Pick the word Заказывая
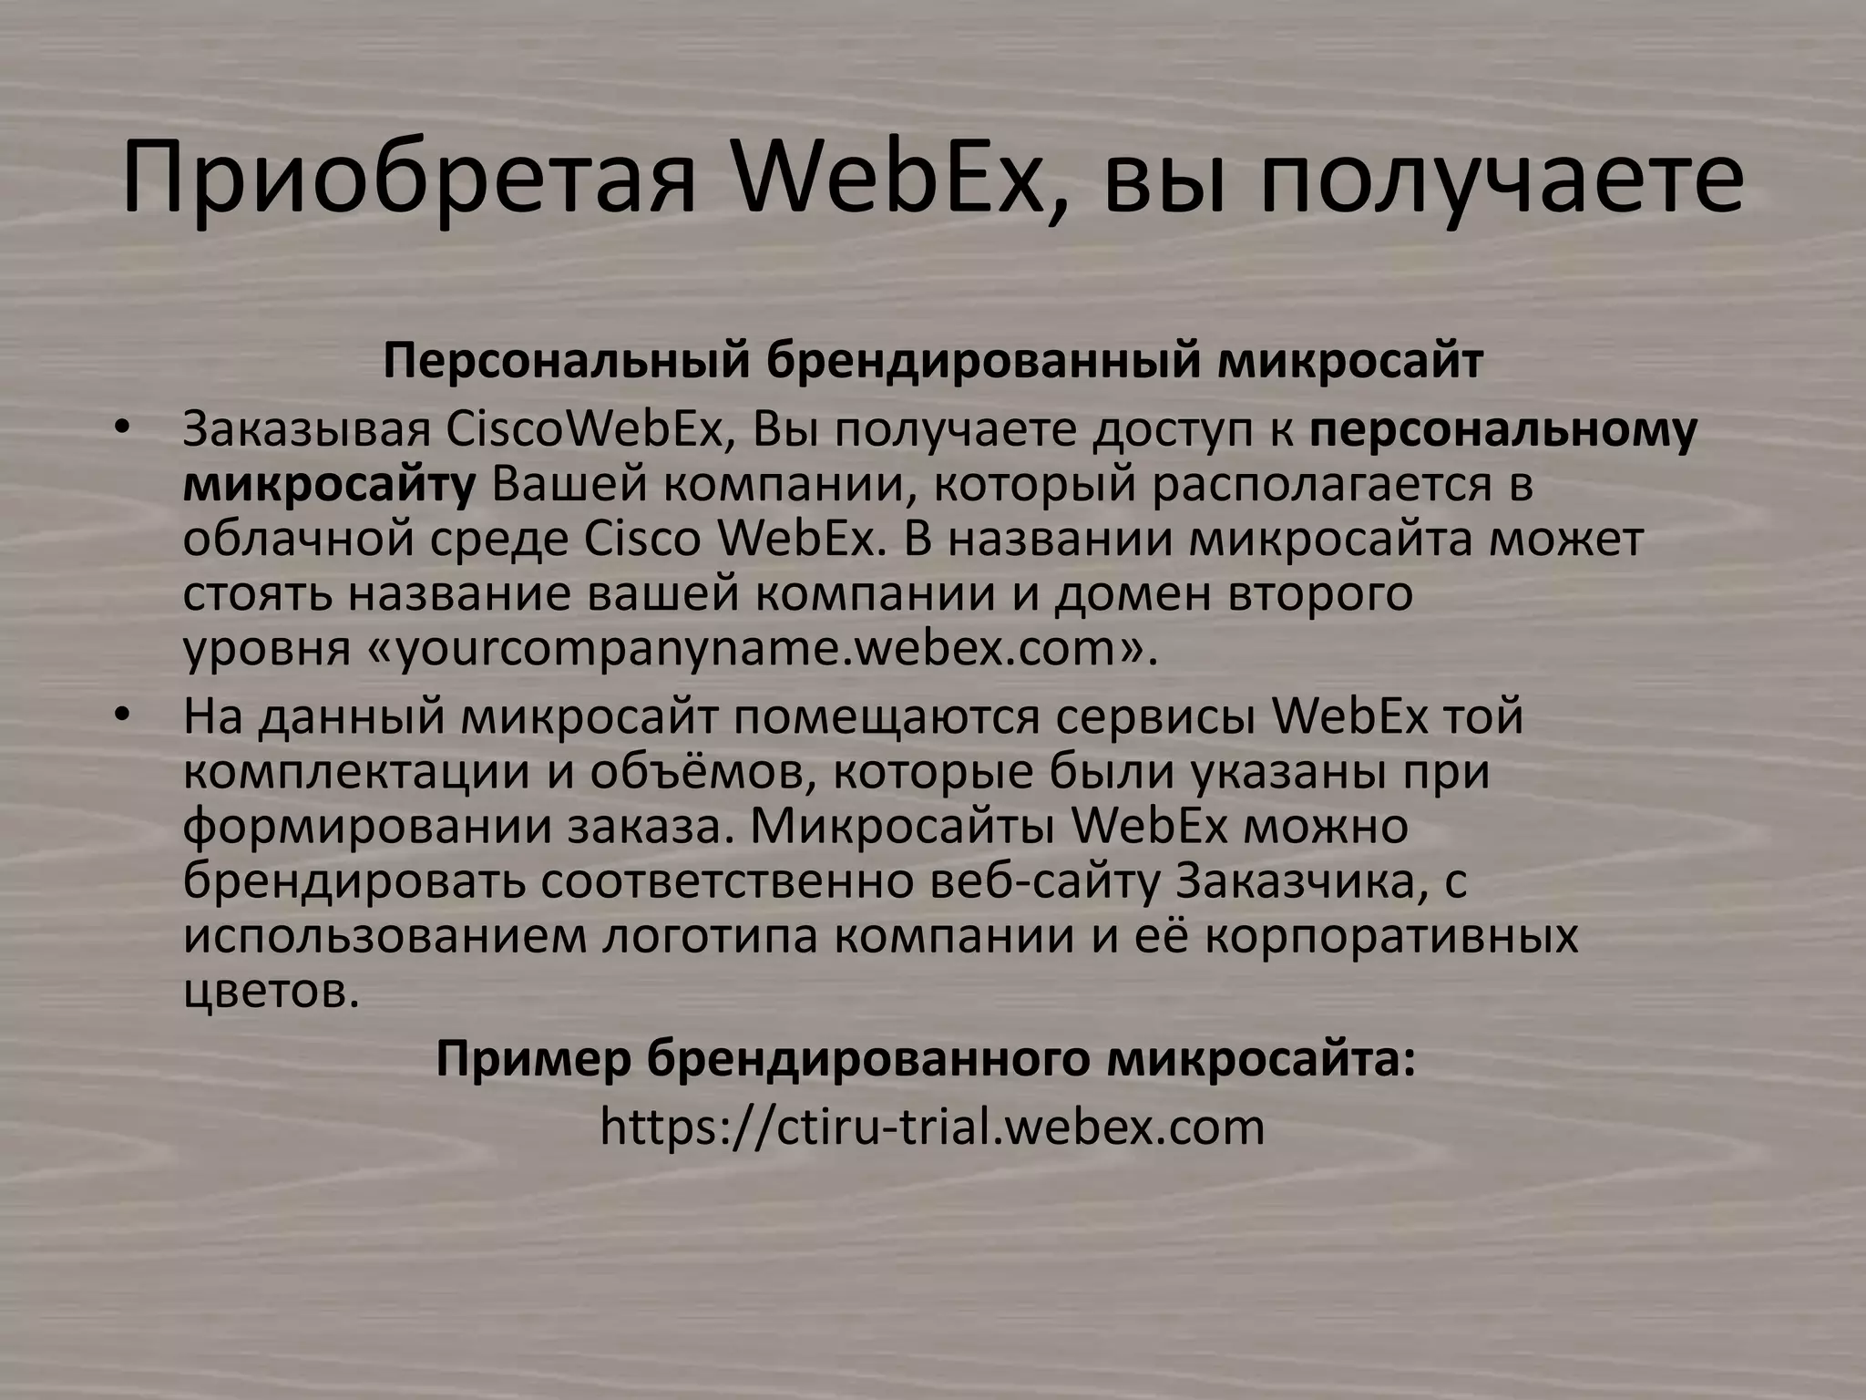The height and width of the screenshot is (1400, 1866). [306, 429]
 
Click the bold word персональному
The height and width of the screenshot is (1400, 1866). [1503, 429]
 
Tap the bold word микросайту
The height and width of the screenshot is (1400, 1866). [329, 484]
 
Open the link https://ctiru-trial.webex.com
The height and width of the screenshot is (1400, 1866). [932, 1127]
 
